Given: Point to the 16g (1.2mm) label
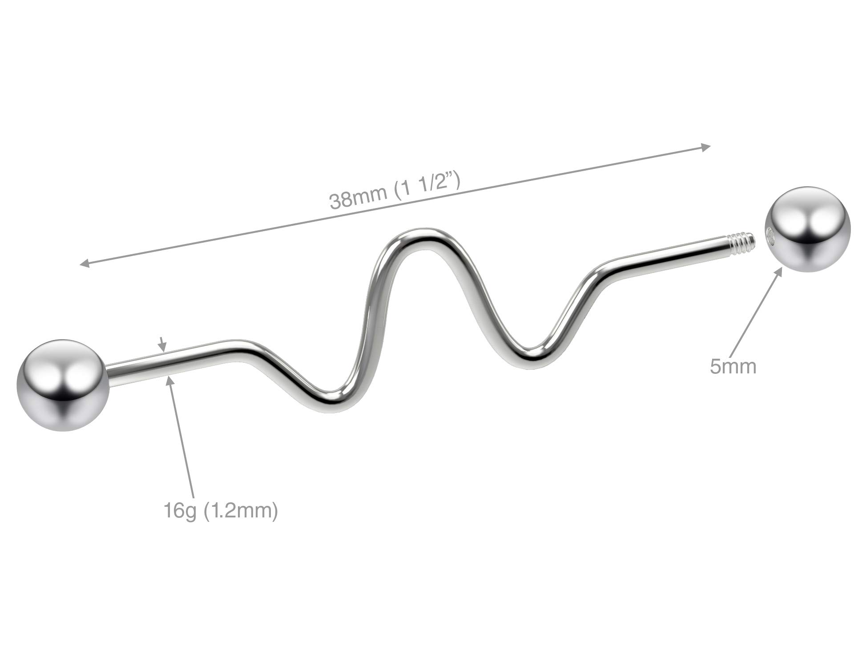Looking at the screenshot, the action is tap(221, 510).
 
